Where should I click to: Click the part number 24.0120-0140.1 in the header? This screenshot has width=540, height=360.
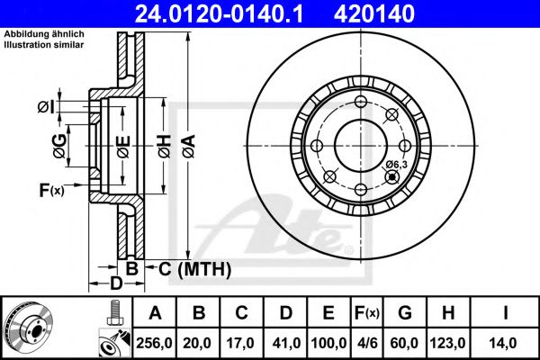tap(219, 14)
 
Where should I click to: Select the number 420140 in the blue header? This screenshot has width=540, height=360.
tap(374, 14)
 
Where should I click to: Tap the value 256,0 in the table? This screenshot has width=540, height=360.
tap(154, 343)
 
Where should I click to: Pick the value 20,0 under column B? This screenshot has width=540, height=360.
tap(197, 343)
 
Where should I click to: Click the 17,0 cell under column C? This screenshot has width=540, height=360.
tap(240, 343)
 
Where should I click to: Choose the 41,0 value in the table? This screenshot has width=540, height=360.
tap(286, 343)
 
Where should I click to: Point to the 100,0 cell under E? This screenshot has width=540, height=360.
tap(328, 343)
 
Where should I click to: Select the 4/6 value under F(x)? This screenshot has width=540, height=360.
tap(367, 343)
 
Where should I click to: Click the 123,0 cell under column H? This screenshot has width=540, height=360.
tap(447, 343)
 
